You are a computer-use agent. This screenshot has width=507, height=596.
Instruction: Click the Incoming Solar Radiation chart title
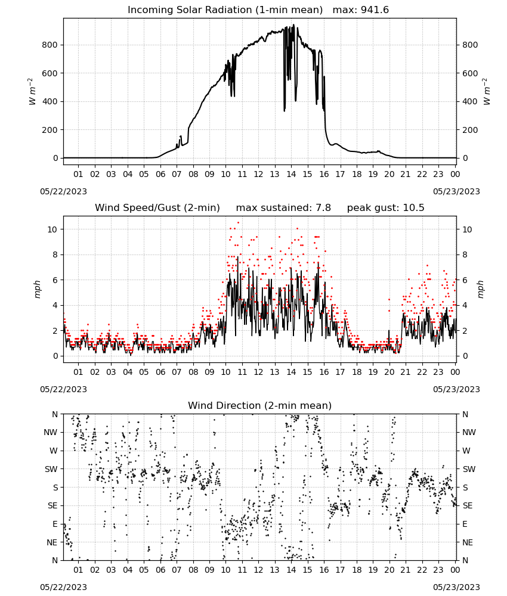coord(225,10)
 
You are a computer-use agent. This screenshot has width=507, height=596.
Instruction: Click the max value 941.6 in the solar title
coord(375,10)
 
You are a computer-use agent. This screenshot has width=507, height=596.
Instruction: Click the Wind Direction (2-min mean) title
coord(260,405)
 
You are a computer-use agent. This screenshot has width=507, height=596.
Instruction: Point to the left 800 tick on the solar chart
coord(50,45)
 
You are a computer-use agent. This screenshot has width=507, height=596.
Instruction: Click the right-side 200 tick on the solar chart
coord(470,130)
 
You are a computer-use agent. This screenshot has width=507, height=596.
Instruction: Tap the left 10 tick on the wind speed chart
coord(52,229)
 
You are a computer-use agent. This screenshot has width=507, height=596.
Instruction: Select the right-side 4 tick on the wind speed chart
coord(465,306)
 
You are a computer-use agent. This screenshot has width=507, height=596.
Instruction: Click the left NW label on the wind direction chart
coord(51,433)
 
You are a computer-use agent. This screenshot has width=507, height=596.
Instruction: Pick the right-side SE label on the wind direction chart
coord(468,506)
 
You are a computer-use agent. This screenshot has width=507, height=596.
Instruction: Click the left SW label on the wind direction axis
coord(51,470)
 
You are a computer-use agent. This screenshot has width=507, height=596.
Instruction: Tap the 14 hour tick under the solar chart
coord(291,174)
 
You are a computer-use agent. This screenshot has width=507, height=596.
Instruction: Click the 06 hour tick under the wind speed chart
coord(160,372)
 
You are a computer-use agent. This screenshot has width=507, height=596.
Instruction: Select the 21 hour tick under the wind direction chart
coord(406,570)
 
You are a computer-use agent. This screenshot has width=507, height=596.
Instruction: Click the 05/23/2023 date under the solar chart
coord(456,191)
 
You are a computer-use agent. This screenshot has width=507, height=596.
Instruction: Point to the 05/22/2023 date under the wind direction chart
coord(63,587)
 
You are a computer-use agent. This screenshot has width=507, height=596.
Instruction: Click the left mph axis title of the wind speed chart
coord(37,289)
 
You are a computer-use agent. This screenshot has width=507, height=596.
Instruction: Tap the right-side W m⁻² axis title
coord(487,92)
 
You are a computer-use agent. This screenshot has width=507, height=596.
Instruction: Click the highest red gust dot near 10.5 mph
coord(239,222)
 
